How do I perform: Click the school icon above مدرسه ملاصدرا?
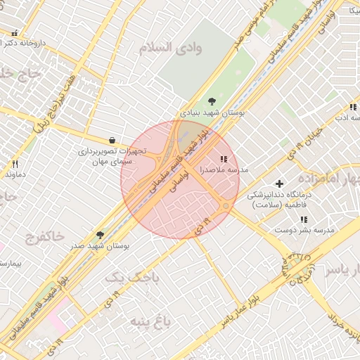224,160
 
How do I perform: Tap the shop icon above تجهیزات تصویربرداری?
112,140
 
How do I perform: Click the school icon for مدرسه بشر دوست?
304,220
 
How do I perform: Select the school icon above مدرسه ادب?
354,107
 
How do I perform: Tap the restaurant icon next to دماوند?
6,164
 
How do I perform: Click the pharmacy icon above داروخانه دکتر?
15,32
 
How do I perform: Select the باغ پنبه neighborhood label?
150,322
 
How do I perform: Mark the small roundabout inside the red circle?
224,206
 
